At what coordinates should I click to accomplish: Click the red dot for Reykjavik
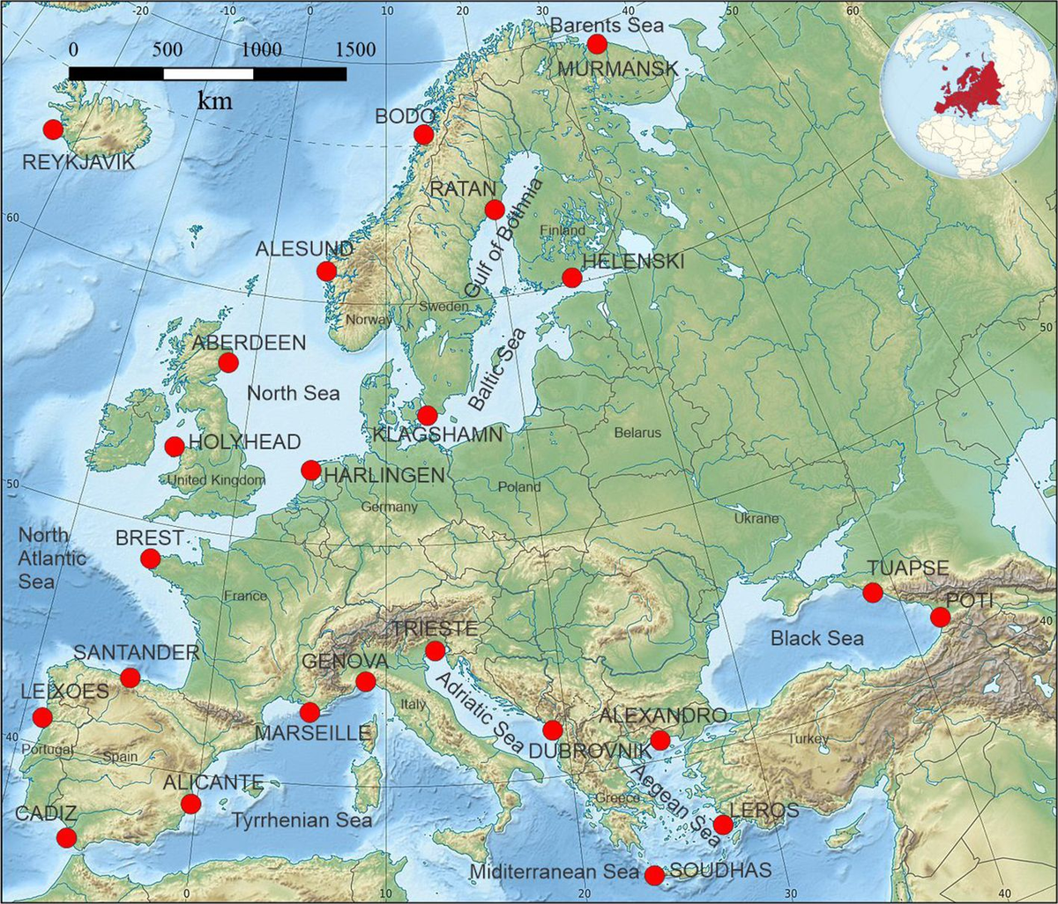(53, 130)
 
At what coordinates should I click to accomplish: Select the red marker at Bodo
(423, 134)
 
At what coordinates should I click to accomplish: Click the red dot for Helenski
(571, 278)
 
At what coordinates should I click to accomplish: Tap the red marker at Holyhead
(175, 447)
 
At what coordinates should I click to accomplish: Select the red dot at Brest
(150, 559)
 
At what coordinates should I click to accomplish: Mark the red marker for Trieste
(435, 651)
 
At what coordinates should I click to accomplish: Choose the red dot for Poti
(941, 618)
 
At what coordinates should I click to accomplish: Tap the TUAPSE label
(907, 568)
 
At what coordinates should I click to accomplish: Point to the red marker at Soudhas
(654, 875)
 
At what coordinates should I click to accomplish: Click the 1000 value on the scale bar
(258, 49)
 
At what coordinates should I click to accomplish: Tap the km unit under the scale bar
(214, 101)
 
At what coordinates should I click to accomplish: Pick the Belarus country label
(637, 433)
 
